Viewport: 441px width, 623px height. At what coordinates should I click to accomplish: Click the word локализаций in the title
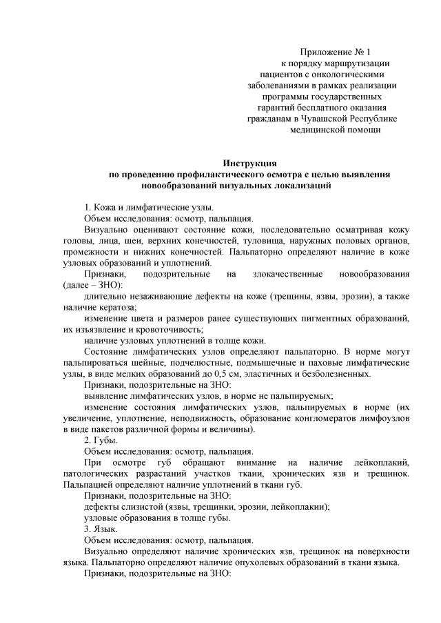coord(308,186)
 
